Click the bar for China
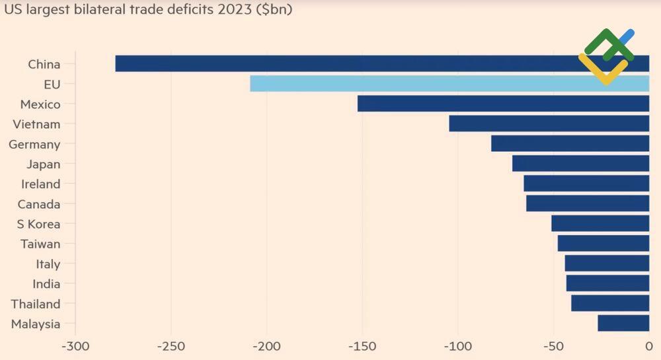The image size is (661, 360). (x=350, y=63)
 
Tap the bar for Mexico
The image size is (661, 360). (x=502, y=104)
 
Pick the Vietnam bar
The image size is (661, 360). (x=549, y=124)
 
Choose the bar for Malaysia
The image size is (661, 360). (x=623, y=323)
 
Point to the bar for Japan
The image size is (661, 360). (x=580, y=164)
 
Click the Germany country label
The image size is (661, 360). (x=34, y=144)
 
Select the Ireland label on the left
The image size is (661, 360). (x=40, y=184)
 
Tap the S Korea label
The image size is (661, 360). (x=38, y=224)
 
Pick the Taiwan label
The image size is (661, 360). (x=40, y=244)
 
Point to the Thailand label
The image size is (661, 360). (x=36, y=304)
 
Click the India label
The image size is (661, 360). (x=46, y=284)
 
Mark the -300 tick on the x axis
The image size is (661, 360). (x=75, y=346)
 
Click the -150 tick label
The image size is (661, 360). (x=362, y=346)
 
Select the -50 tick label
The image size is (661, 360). (x=553, y=346)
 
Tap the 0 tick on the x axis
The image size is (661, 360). (x=649, y=346)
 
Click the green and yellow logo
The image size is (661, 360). (x=606, y=56)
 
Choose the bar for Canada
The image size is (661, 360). (x=588, y=203)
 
